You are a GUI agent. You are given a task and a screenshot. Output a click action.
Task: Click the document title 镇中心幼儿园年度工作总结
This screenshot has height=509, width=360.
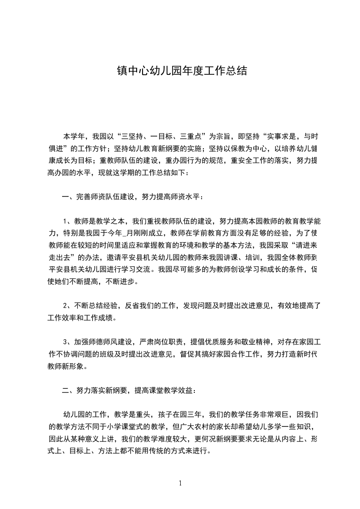[x=180, y=72]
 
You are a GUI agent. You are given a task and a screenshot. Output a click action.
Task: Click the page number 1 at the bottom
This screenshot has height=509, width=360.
[x=180, y=483]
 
